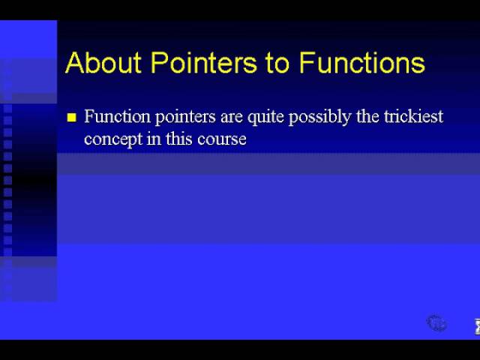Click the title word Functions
tap(362, 62)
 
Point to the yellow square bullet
tap(72, 117)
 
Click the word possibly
tap(320, 117)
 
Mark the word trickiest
tap(414, 116)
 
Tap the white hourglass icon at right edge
tap(477, 326)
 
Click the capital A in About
tap(75, 62)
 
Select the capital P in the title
tap(160, 62)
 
